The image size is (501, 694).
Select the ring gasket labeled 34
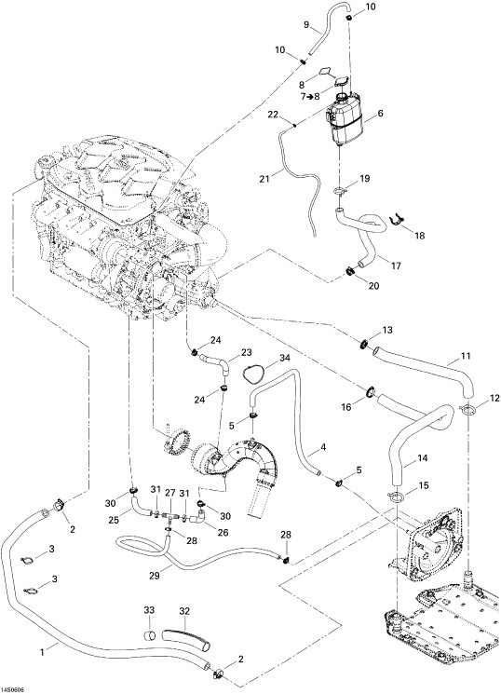(252, 373)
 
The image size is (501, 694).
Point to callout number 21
(264, 179)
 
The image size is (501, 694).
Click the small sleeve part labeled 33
(149, 636)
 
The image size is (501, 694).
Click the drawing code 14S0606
(13, 690)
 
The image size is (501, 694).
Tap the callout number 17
(396, 266)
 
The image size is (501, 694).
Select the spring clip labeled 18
(398, 220)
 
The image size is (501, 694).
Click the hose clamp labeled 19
(340, 191)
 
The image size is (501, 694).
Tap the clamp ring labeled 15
(397, 497)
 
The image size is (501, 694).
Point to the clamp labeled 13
(366, 343)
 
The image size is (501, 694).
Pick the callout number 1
(42, 651)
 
